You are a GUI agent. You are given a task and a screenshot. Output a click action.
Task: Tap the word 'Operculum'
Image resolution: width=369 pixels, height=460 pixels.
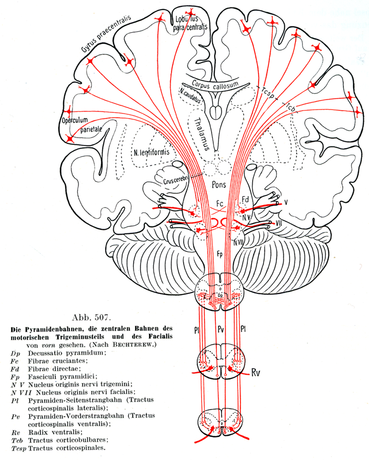(75, 121)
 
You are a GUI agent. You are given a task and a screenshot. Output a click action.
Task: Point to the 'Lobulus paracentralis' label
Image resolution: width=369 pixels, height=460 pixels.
(191, 22)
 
